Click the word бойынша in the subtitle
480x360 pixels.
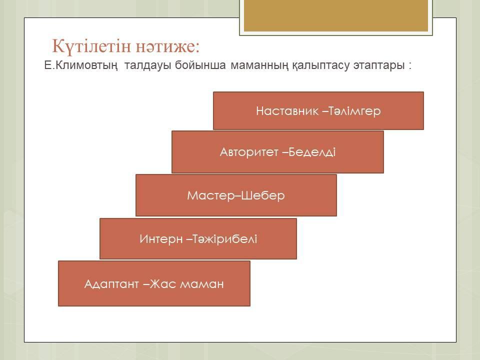pos(200,65)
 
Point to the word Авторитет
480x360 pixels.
pos(249,152)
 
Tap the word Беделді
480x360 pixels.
pos(312,152)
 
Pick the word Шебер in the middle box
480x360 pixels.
pos(263,195)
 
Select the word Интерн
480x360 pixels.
pos(161,239)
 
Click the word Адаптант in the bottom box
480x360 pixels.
pos(111,284)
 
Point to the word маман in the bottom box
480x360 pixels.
pos(201,284)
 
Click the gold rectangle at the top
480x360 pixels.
pos(336,15)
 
